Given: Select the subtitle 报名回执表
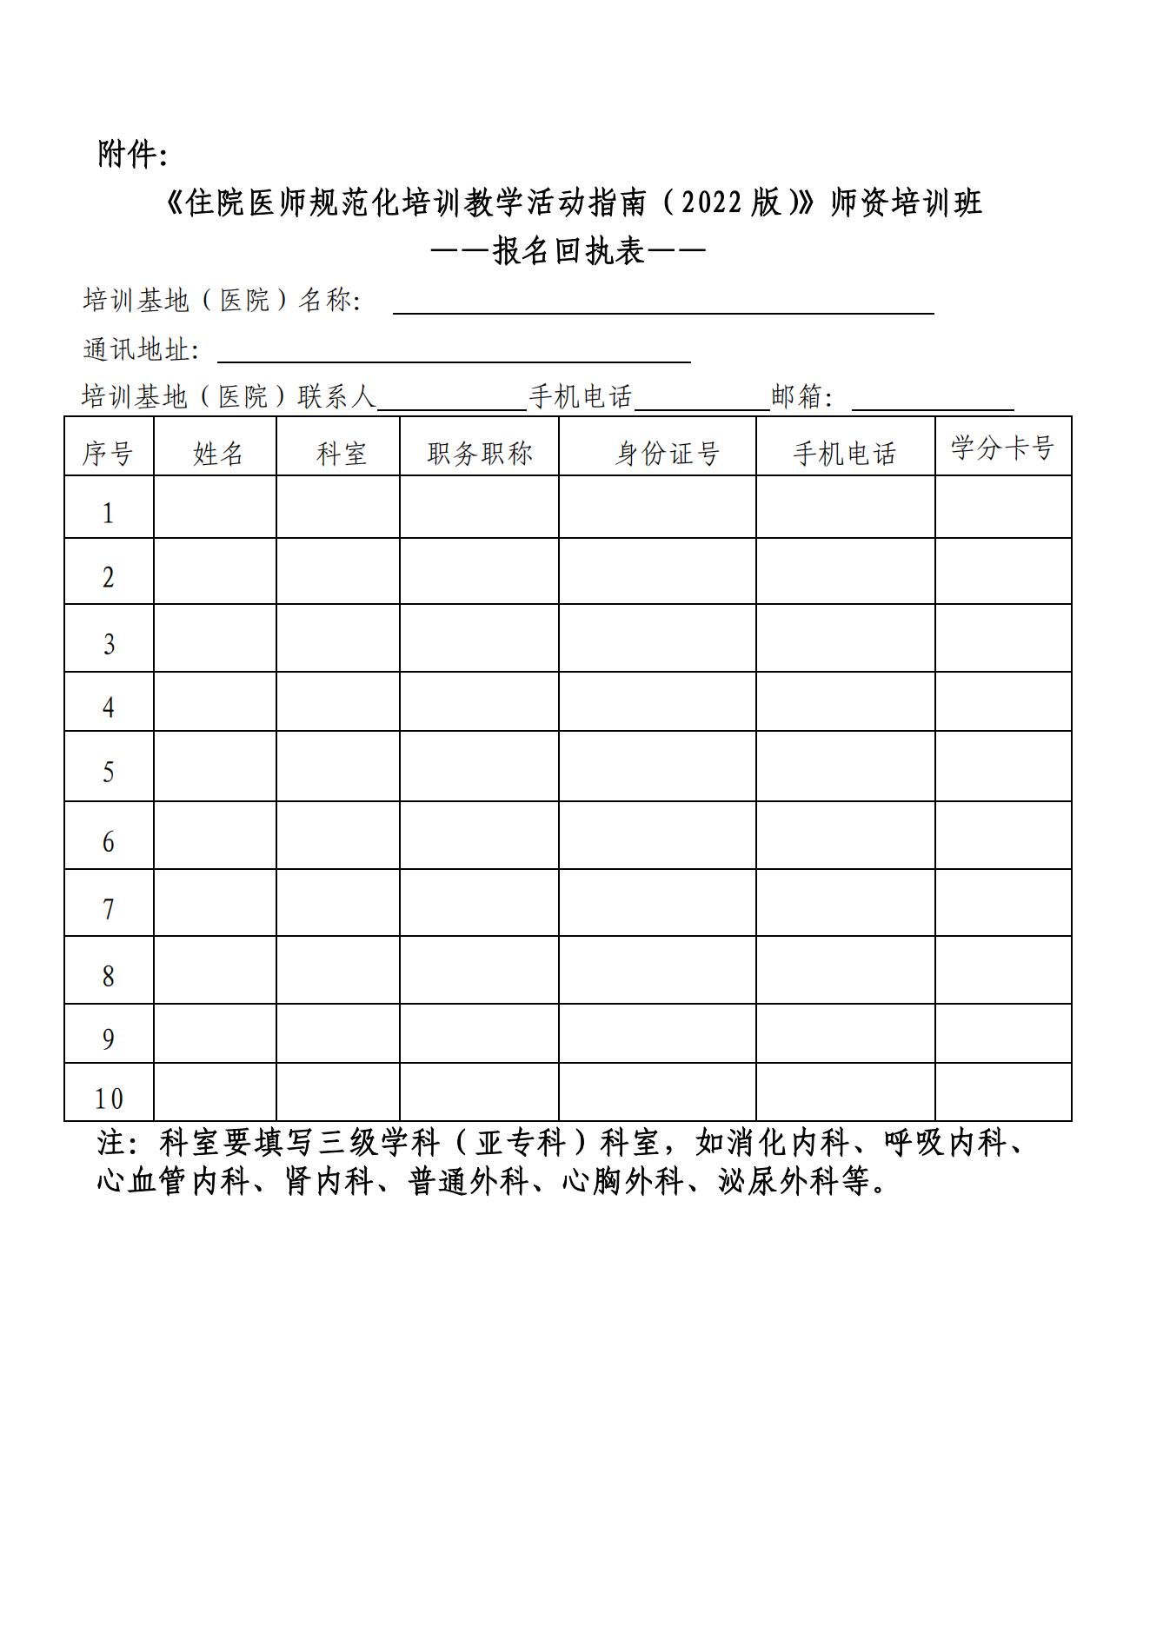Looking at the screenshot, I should tap(569, 251).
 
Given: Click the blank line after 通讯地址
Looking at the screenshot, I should tap(453, 355).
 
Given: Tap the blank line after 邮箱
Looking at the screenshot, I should tap(932, 402).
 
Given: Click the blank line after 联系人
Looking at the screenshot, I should tap(451, 402).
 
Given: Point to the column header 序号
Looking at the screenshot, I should tap(108, 453).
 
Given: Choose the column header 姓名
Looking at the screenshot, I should tap(217, 453).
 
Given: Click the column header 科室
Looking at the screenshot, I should tap(341, 453).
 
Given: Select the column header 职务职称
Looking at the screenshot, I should tap(479, 453).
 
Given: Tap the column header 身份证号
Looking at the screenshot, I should tap(667, 453).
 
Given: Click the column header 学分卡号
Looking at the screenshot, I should tap(1002, 448).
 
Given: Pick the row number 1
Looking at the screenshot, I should tap(108, 513).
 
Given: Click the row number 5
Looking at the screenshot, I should tap(108, 772).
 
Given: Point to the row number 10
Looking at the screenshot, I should tap(109, 1098).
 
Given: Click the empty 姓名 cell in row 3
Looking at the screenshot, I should tap(215, 638).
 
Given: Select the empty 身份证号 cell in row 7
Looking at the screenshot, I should tap(657, 903).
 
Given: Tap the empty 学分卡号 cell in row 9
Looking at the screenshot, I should tap(1003, 1034).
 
